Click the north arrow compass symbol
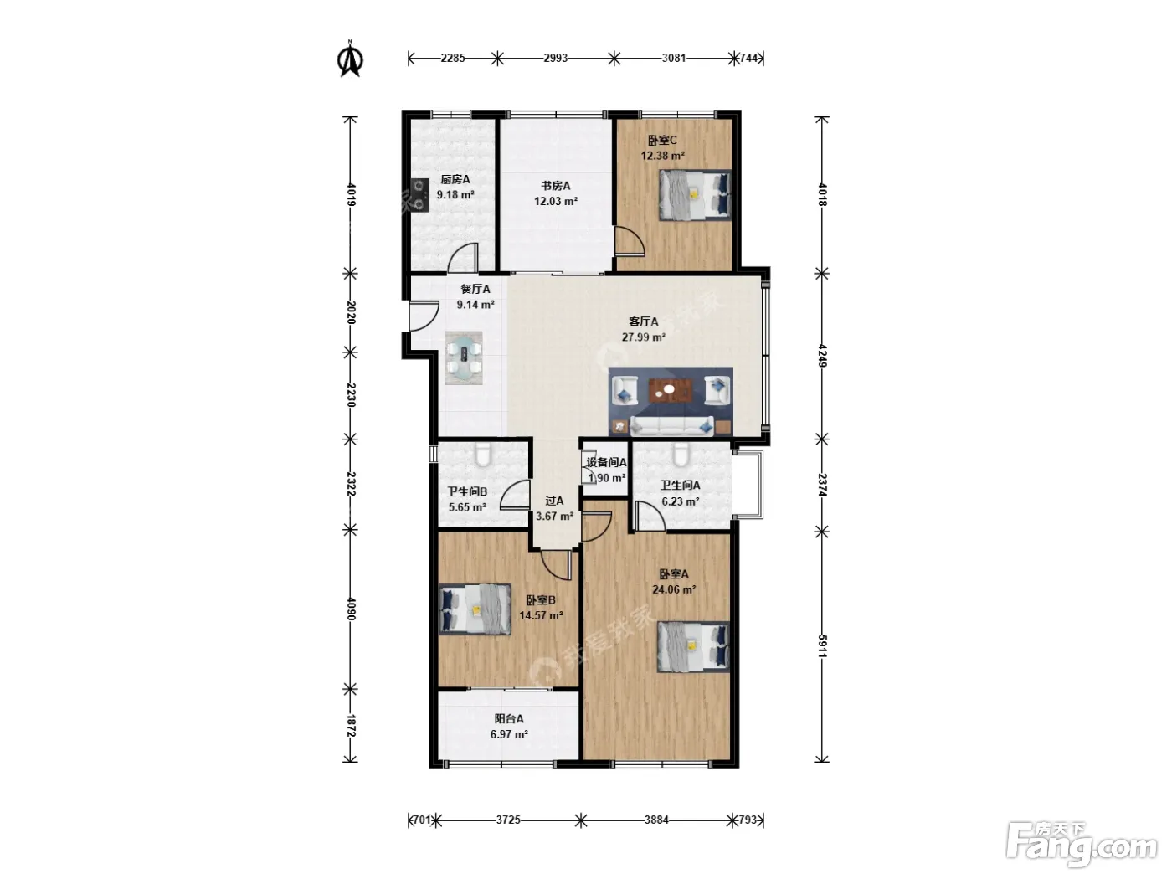tap(350, 59)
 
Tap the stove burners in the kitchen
tap(419, 194)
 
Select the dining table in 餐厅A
tap(464, 357)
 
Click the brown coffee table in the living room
tap(671, 391)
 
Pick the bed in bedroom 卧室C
tap(695, 194)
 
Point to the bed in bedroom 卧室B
tap(475, 609)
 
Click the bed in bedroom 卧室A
tap(693, 646)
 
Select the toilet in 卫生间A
tap(681, 454)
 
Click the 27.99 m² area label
tap(644, 337)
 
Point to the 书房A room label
tap(556, 186)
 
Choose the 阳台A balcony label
tap(509, 719)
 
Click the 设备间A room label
tap(606, 463)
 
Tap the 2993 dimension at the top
tap(555, 58)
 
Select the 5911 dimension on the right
tap(822, 645)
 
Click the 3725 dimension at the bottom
tap(508, 820)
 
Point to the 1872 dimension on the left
tap(350, 726)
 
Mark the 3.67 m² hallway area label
tap(555, 516)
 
